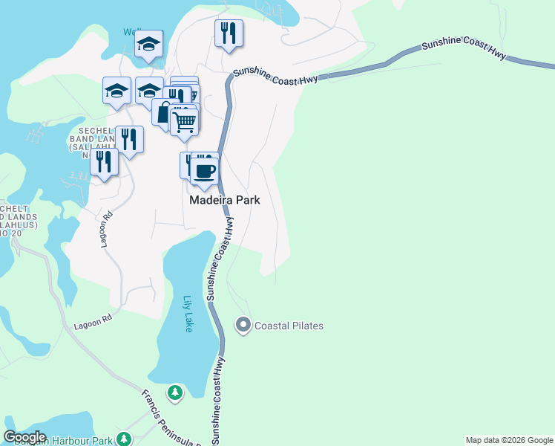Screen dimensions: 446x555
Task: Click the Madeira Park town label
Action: coord(223,200)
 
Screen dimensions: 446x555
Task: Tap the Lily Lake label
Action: coord(188,314)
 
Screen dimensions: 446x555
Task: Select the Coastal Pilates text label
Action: coord(289,326)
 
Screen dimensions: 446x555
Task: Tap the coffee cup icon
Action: coord(205,171)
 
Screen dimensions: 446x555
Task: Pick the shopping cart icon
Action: coord(184,120)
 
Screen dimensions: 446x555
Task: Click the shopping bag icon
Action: coord(164,112)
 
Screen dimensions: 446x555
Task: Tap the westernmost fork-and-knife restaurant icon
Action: coord(104,162)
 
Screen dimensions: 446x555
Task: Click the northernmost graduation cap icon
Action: coord(149,44)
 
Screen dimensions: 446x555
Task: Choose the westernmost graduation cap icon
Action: coord(117,91)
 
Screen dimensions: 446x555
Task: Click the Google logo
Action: coord(24,437)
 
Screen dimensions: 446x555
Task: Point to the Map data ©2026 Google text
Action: coord(509,440)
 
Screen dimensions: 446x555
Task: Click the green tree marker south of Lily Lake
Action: coord(175,392)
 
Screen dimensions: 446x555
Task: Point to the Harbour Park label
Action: coord(74,441)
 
